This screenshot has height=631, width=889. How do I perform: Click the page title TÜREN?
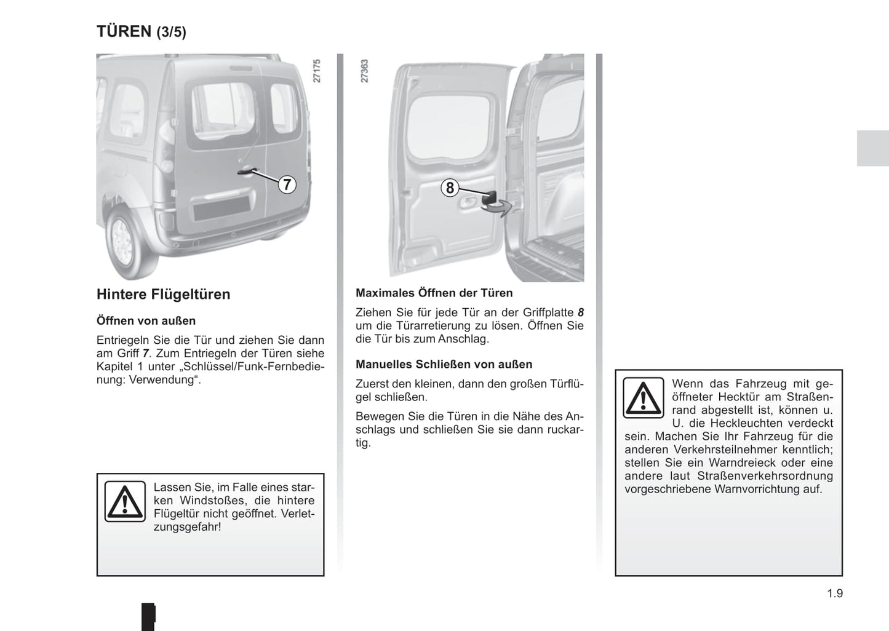124,31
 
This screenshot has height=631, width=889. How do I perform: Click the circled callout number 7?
287,184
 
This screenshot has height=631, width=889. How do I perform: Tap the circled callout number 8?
450,188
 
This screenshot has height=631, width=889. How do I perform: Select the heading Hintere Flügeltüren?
163,294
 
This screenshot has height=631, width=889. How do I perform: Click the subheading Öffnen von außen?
146,320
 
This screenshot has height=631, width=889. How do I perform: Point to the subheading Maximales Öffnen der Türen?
434,293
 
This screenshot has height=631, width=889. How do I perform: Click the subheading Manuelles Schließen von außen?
444,364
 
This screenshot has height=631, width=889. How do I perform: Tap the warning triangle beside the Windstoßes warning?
125,501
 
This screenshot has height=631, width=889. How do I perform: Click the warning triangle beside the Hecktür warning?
643,398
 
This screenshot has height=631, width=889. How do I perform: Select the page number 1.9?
834,593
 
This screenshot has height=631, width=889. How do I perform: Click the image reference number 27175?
317,71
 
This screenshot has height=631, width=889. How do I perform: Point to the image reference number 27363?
364,71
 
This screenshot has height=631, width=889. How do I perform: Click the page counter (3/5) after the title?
171,32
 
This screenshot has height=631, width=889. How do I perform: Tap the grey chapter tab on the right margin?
872,148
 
